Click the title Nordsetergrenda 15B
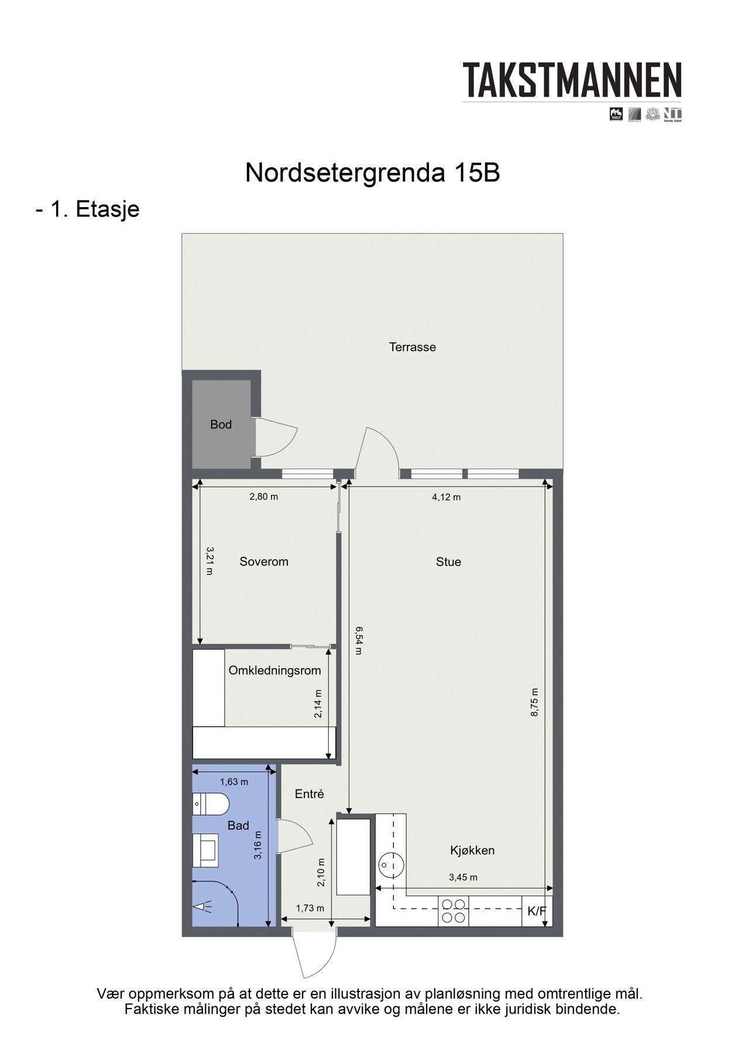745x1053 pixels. (372, 173)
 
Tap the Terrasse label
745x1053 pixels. (413, 347)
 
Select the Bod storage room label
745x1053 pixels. (221, 425)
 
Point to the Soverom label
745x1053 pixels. (264, 562)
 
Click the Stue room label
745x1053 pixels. (448, 562)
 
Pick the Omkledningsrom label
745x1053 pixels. (274, 670)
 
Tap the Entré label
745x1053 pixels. (310, 794)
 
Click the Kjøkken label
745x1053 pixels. (472, 851)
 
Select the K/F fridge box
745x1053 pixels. (537, 911)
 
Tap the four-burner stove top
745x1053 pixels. (454, 911)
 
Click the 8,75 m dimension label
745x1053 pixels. (534, 702)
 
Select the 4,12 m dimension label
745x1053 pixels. (447, 497)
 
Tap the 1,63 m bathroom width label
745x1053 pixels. (234, 782)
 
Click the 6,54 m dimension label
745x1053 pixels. (358, 641)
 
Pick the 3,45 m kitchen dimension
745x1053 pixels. (463, 877)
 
